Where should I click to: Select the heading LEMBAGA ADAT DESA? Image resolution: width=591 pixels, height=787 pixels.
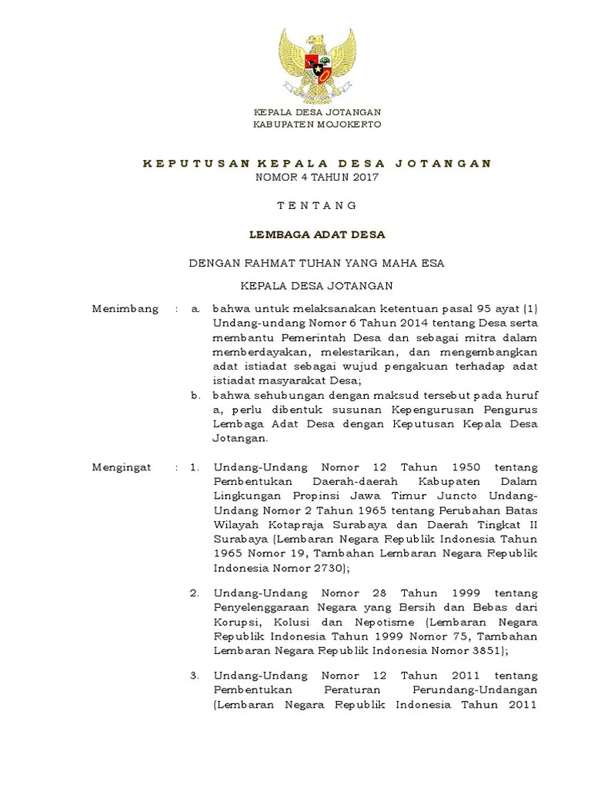click(316, 234)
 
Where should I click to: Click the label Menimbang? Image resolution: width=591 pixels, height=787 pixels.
click(125, 308)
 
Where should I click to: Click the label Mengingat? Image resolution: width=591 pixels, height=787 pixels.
click(122, 467)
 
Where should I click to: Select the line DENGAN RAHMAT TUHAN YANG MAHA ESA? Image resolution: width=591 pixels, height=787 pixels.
click(316, 263)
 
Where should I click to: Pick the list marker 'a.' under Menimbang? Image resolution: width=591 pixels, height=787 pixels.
click(195, 308)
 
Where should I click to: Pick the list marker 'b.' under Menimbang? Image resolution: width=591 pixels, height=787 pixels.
click(195, 395)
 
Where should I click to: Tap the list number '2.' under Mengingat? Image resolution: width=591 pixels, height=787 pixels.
click(195, 593)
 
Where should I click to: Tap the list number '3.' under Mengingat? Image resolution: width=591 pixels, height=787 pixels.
click(195, 676)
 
